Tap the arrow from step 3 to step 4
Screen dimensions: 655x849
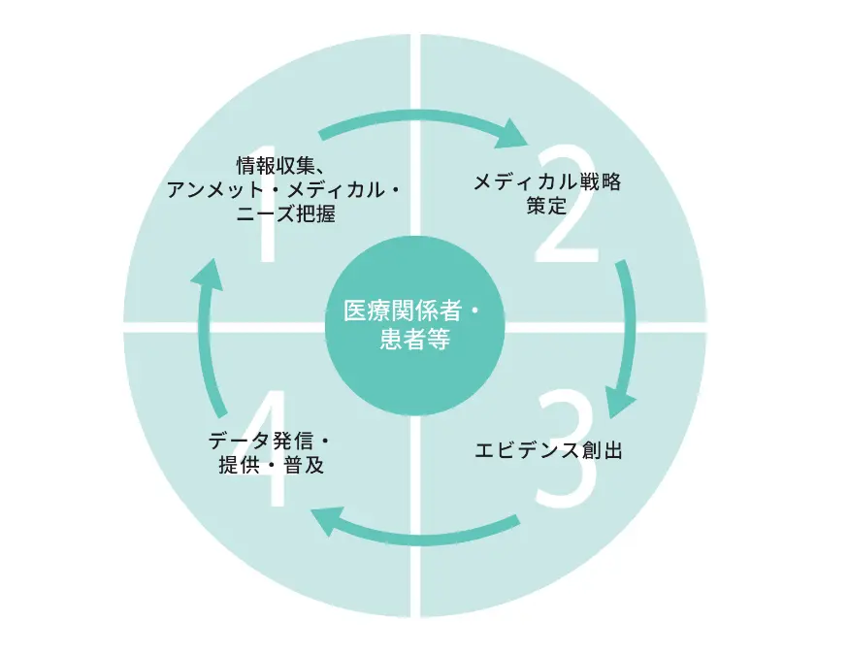click(x=417, y=529)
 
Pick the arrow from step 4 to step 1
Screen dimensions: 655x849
click(x=206, y=330)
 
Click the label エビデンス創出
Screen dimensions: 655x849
click(x=547, y=450)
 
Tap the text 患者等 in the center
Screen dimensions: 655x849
click(x=414, y=340)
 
